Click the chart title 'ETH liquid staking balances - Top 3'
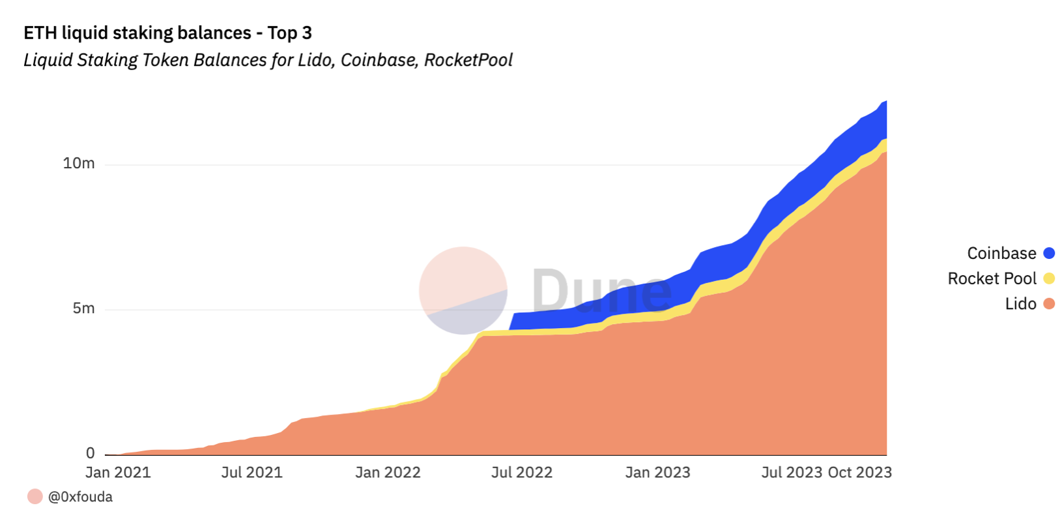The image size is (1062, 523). point(167,33)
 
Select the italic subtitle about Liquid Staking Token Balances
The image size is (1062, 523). point(268,60)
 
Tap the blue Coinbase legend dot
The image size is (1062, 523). point(1048,253)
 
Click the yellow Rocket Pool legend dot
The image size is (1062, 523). point(1048,278)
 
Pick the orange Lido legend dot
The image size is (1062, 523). point(1048,303)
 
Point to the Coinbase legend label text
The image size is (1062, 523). point(1001,253)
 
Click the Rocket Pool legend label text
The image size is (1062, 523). point(991,278)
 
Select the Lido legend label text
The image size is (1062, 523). point(1020,303)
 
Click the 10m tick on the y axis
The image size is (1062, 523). point(79,163)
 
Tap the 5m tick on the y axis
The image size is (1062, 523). point(83,308)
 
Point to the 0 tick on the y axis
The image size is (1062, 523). point(90,453)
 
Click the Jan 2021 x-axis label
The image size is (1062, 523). point(118,472)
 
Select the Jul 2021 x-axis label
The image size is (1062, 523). point(251,472)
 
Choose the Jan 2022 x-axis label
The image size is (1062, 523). point(388,472)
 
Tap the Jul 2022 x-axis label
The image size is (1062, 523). point(521,472)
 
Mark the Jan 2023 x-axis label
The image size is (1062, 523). point(657,472)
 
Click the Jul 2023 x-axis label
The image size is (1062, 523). point(791,472)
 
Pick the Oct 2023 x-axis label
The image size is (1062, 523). point(859,472)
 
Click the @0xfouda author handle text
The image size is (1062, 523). point(80,497)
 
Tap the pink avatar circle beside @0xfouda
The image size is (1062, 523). point(35,496)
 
